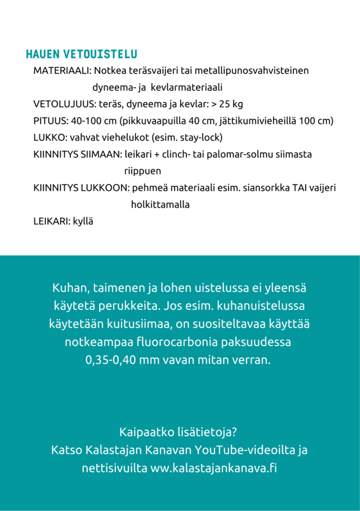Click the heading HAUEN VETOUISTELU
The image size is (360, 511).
[81, 54]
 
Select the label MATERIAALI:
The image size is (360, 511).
[62, 70]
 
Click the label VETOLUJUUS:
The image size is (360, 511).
[64, 104]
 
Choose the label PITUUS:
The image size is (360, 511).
[51, 121]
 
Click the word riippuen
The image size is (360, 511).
[142, 171]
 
